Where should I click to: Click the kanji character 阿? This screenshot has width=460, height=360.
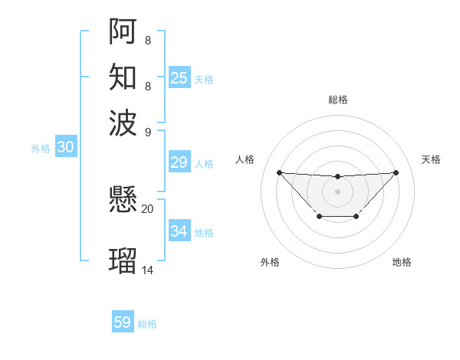[x=123, y=31]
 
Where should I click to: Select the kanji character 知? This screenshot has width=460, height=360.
[x=123, y=77]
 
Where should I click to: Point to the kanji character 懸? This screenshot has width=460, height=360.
[x=123, y=201]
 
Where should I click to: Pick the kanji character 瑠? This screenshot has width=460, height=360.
[x=123, y=260]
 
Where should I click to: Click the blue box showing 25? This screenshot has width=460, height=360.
[x=179, y=78]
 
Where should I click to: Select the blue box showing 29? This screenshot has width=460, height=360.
[x=179, y=162]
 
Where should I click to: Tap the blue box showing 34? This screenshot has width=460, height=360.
[x=179, y=231]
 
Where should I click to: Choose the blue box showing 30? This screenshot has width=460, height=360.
[x=65, y=148]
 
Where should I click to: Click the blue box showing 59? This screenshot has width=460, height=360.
[x=123, y=322]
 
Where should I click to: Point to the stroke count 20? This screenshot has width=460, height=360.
[x=148, y=208]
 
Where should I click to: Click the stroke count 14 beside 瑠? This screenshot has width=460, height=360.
[x=148, y=270]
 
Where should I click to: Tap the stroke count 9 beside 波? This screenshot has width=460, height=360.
[x=148, y=131]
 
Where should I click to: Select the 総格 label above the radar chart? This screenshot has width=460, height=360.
[x=338, y=100]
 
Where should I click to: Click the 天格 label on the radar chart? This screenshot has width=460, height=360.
[x=431, y=159]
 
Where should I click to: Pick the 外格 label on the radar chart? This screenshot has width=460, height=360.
[x=270, y=262]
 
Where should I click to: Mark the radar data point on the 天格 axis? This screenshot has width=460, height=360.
[x=396, y=172]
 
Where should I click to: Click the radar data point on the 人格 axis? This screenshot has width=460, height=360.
[x=279, y=172]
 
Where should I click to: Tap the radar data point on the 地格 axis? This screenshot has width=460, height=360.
[x=356, y=217]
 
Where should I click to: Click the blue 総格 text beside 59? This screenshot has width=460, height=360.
[x=147, y=324]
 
